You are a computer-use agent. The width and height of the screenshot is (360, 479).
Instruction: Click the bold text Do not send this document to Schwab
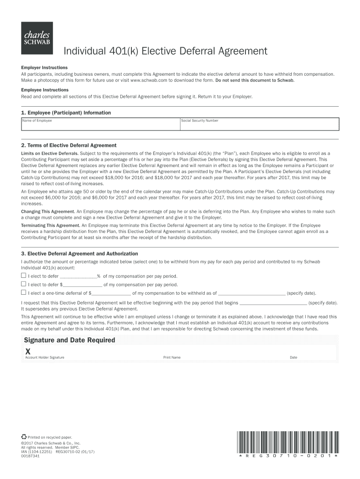pyautogui.click(x=255, y=80)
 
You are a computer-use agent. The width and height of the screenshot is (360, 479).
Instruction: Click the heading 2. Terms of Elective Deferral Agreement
pyautogui.click(x=69, y=145)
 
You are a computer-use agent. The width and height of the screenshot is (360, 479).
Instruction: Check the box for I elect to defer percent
pyautogui.click(x=23, y=276)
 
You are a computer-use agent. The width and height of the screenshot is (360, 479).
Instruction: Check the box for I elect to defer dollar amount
pyautogui.click(x=23, y=284)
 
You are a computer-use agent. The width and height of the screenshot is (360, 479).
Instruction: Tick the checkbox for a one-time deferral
pyautogui.click(x=23, y=292)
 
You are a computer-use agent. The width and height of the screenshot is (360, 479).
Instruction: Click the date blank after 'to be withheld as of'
pyautogui.click(x=252, y=293)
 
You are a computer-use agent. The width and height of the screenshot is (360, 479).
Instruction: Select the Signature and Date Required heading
pyautogui.click(x=70, y=340)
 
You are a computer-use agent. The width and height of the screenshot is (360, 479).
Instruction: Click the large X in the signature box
pyautogui.click(x=28, y=351)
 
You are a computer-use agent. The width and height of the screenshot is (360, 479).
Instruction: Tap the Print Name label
pyautogui.click(x=172, y=358)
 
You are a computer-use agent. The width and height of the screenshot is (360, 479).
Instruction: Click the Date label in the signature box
pyautogui.click(x=294, y=358)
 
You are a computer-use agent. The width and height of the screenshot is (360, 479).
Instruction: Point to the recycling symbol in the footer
pyautogui.click(x=24, y=436)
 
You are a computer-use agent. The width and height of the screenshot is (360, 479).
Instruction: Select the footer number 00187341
pyautogui.click(x=30, y=456)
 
